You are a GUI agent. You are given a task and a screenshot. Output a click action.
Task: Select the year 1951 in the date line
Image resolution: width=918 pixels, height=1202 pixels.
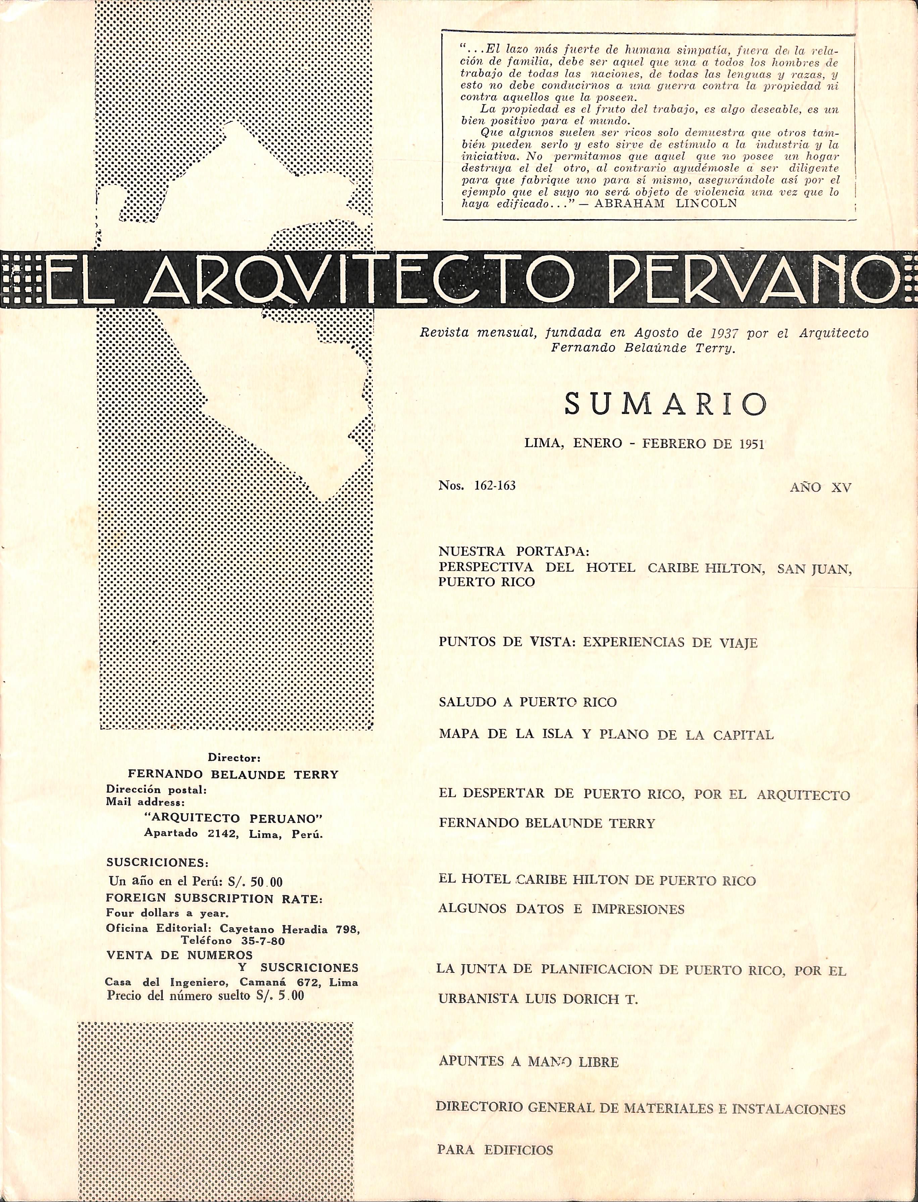click(751, 444)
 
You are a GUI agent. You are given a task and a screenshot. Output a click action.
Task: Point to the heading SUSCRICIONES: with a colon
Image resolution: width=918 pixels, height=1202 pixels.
click(157, 863)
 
